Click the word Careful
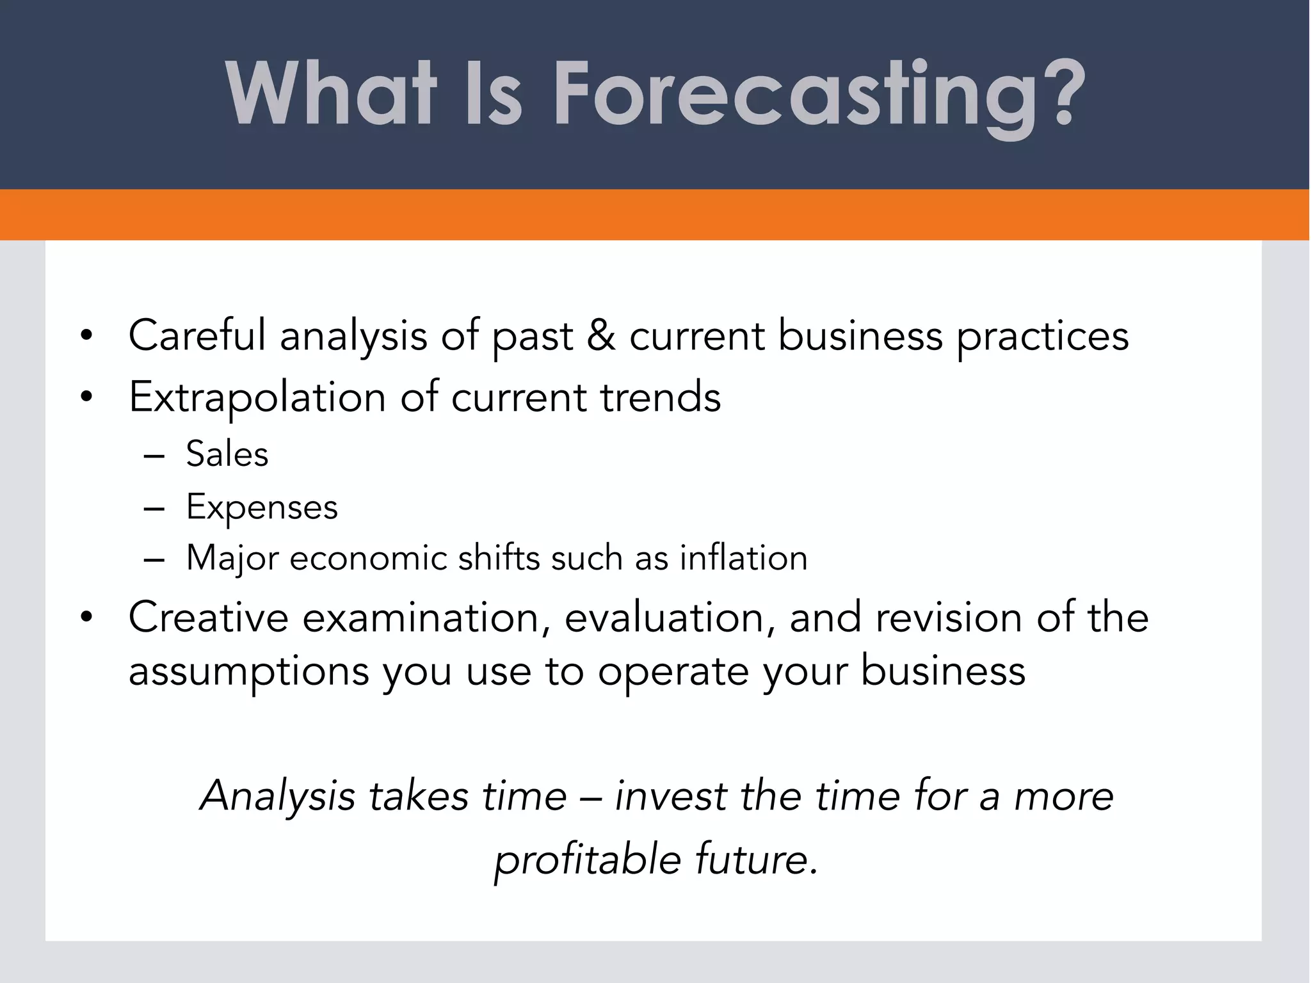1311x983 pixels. click(x=197, y=335)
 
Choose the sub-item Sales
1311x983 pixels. click(x=227, y=454)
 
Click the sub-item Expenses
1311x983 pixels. click(x=261, y=508)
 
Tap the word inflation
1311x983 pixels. click(x=743, y=557)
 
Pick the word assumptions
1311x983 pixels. click(x=249, y=673)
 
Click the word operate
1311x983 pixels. click(x=673, y=673)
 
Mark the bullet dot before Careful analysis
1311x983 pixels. click(x=86, y=336)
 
